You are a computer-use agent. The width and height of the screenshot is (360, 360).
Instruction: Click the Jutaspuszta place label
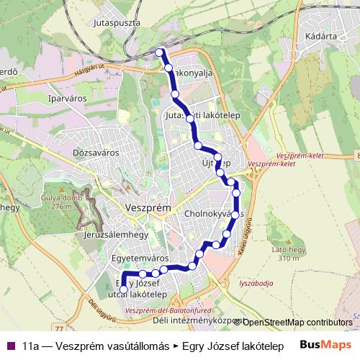click(x=117, y=23)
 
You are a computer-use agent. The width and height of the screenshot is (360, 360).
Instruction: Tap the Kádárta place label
click(x=321, y=34)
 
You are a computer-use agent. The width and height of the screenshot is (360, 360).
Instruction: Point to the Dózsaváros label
click(x=95, y=153)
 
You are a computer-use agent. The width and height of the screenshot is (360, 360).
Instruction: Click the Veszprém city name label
click(x=148, y=207)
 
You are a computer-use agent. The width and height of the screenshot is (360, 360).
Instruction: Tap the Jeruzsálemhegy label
click(x=116, y=235)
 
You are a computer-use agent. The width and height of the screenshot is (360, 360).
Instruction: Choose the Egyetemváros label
click(x=140, y=257)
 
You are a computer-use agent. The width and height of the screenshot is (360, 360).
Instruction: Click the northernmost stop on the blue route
click(x=160, y=52)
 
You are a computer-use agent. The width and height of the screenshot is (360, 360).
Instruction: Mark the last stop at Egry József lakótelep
click(x=123, y=290)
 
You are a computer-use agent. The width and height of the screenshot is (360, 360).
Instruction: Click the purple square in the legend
click(x=10, y=346)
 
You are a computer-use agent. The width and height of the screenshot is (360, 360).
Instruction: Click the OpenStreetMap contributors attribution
click(x=297, y=322)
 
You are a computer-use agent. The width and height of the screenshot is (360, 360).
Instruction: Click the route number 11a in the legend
click(x=30, y=346)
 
